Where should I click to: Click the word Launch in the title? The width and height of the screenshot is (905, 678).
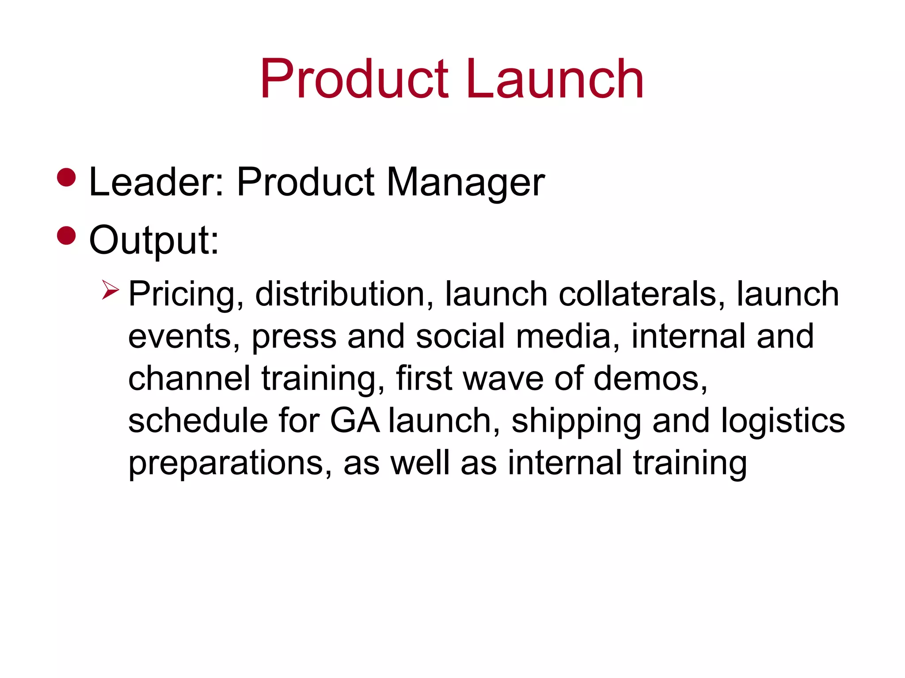tap(554, 79)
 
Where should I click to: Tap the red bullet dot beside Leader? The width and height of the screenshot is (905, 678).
tap(67, 177)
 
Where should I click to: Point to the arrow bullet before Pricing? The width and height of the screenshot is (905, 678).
tap(110, 290)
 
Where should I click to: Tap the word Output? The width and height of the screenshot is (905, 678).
tap(154, 241)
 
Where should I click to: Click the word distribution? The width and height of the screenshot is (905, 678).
tap(344, 294)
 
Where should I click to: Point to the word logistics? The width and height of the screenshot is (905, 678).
tap(783, 421)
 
